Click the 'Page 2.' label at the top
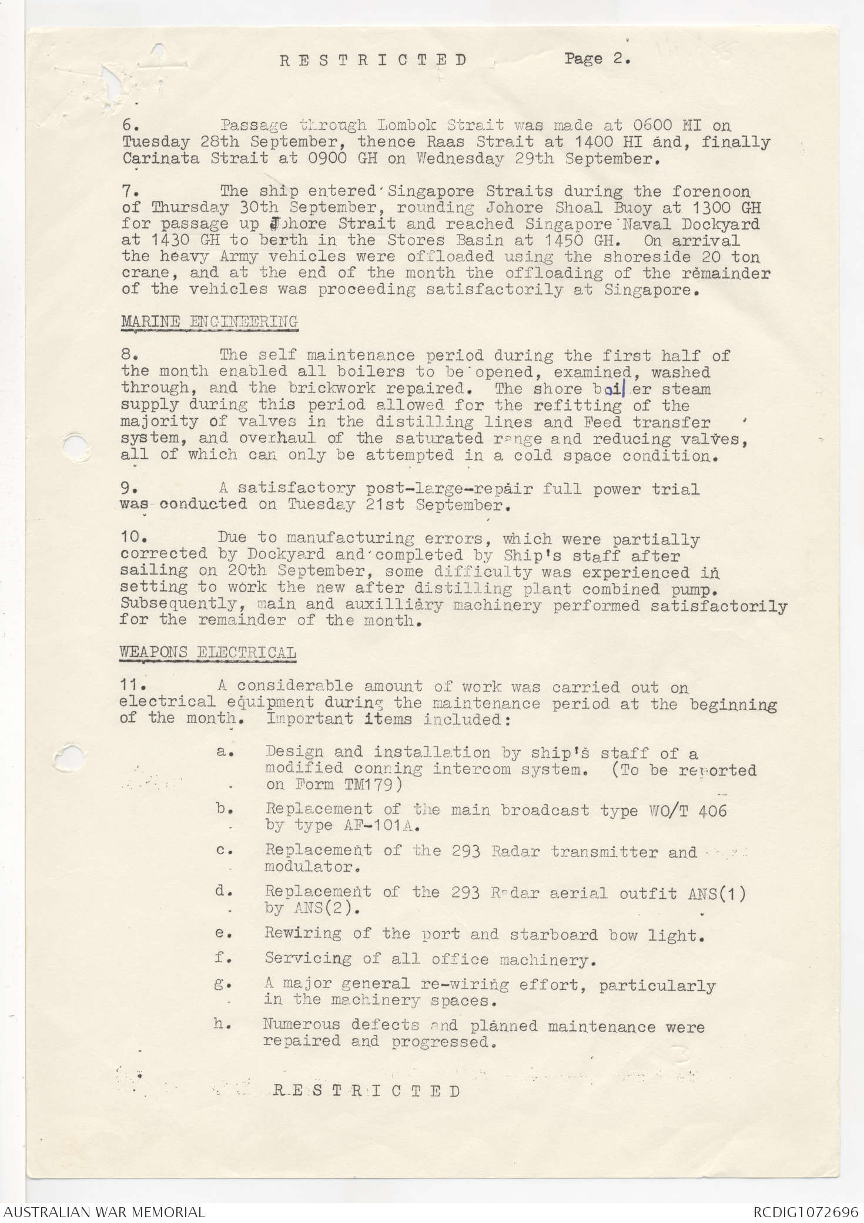pyautogui.click(x=597, y=59)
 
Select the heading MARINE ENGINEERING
pyautogui.click(x=209, y=321)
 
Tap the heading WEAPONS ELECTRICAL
pyautogui.click(x=207, y=653)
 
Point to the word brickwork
pyautogui.click(x=323, y=388)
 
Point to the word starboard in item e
pyautogui.click(x=554, y=935)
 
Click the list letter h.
pyautogui.click(x=221, y=1025)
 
